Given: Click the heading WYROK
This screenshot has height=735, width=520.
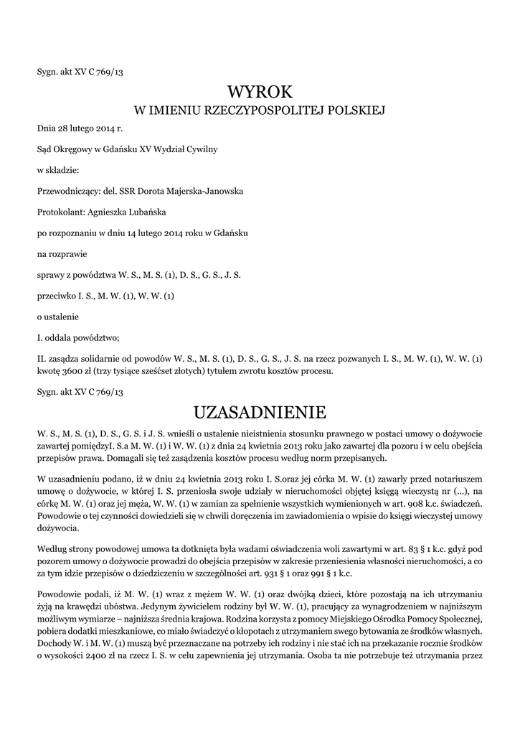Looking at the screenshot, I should (260, 91).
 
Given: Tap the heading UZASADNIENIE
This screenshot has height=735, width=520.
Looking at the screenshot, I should (260, 412).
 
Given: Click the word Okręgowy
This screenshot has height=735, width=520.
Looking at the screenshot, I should (79, 150).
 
